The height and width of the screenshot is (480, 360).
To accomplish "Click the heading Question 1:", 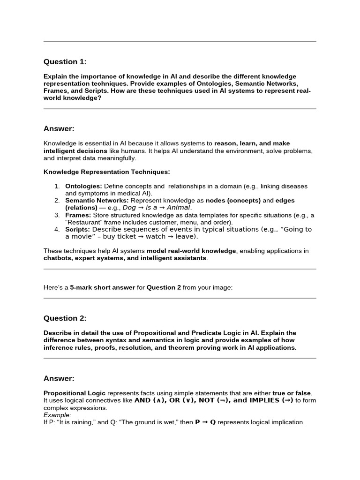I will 65,62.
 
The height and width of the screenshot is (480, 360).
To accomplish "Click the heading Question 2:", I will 65,318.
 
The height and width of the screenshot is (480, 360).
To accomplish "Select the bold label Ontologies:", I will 83,186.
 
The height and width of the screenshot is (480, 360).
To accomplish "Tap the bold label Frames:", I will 77,215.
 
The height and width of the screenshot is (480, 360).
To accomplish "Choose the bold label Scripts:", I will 77,229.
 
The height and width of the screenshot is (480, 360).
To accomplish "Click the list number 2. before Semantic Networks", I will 57,201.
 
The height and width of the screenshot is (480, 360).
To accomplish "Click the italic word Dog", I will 129,208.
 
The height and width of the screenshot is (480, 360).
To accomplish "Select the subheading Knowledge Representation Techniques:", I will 107,172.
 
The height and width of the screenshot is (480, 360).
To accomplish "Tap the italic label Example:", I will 57,415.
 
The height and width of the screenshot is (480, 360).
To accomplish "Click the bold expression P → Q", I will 205,422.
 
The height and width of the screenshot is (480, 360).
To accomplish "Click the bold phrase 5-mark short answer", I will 103,287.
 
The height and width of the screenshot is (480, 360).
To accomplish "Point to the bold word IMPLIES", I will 265,400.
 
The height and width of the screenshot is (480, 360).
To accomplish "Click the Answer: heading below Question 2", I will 59,378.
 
